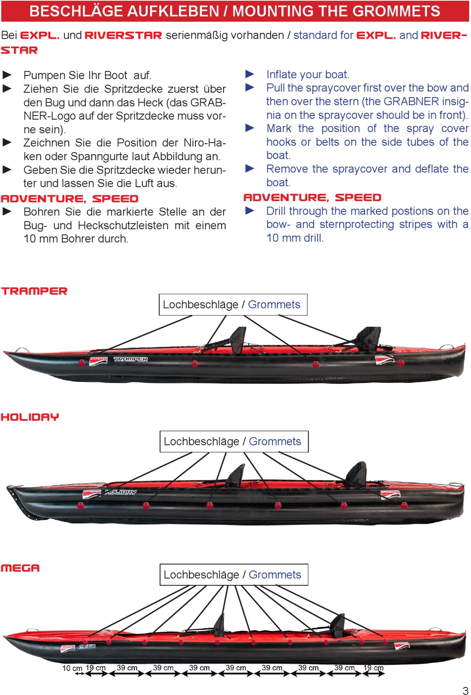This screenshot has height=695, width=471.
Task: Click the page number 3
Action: [x=465, y=690]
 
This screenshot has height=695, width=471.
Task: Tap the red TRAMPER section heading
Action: [x=34, y=291]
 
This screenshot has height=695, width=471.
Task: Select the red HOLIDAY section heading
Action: [x=30, y=417]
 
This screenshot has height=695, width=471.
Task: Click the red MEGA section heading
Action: [x=20, y=568]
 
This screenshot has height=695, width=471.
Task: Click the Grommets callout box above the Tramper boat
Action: [x=232, y=305]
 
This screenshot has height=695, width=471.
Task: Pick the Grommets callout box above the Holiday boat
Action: [x=233, y=441]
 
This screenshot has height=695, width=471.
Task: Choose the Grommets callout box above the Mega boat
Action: [x=233, y=575]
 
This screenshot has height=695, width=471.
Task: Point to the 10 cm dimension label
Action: [x=72, y=668]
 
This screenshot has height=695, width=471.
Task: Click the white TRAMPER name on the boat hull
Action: [x=130, y=359]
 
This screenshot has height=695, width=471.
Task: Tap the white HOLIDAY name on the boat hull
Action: [x=120, y=492]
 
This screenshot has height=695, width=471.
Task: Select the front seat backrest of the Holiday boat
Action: [x=237, y=475]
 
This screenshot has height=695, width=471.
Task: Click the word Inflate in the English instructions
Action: [x=281, y=75]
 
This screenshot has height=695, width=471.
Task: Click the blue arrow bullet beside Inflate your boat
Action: [x=250, y=74]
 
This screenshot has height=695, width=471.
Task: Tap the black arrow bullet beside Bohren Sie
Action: [x=7, y=212]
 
